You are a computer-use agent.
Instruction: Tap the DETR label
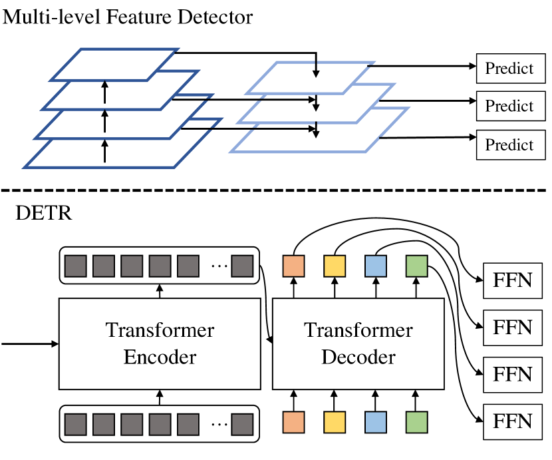tap(44, 214)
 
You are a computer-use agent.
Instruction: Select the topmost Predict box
tap(509, 68)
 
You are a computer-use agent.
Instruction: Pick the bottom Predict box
tap(509, 145)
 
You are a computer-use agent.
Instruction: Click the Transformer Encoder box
tap(160, 344)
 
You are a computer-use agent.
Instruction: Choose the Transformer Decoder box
tap(358, 344)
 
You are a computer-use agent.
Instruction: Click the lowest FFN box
tap(513, 421)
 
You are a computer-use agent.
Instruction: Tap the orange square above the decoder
tap(293, 266)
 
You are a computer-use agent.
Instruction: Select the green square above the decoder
tap(416, 266)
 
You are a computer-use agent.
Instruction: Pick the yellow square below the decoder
tap(335, 422)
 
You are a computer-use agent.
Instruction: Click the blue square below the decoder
tap(375, 422)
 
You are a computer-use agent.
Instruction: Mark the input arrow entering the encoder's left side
tap(30, 344)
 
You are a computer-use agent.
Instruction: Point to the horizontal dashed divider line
tap(276, 191)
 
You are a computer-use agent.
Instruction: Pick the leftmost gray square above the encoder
tap(75, 266)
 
